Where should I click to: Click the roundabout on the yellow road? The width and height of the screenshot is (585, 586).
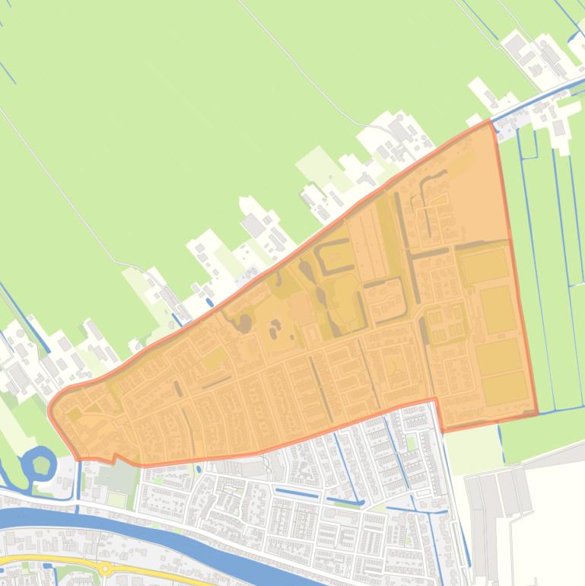point(105,568)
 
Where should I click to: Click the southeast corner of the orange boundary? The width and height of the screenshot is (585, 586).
point(537,414)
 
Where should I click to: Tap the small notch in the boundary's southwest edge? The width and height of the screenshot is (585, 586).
point(113,459)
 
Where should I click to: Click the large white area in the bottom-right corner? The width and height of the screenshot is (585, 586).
point(548,525)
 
